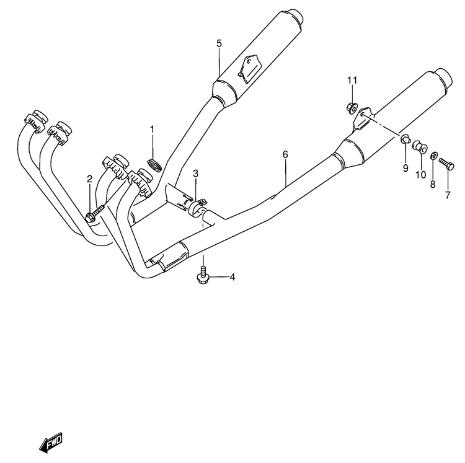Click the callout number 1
click(152, 130)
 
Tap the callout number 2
click(89, 179)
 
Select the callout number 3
click(195, 174)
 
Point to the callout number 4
click(232, 277)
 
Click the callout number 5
click(219, 43)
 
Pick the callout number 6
click(285, 154)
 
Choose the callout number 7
click(448, 195)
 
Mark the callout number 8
click(433, 184)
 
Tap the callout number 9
click(405, 168)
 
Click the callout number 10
click(420, 175)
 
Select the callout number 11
click(352, 81)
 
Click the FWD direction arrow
click(51, 443)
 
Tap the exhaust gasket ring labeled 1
click(154, 165)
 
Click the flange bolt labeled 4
click(203, 275)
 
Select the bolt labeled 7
click(446, 164)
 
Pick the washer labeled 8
click(433, 156)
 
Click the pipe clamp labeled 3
click(196, 208)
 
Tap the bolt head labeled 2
click(89, 218)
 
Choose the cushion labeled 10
click(420, 148)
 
